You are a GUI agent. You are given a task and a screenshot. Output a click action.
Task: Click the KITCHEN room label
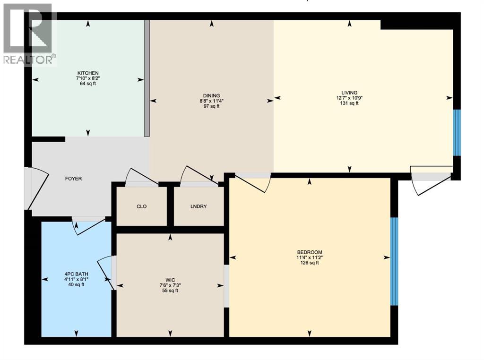click(x=88, y=73)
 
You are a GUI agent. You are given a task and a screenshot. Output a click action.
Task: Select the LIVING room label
click(x=350, y=93)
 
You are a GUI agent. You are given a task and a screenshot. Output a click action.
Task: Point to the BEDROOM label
click(x=310, y=252)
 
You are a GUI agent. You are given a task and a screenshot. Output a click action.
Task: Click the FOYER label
click(x=73, y=179)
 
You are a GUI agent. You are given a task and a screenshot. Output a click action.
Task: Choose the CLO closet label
click(x=141, y=207)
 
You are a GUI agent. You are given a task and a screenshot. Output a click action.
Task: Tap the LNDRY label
click(x=198, y=207)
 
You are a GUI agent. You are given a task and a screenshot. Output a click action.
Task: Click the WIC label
click(x=170, y=279)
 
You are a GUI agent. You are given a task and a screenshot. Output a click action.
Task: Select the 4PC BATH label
click(x=77, y=274)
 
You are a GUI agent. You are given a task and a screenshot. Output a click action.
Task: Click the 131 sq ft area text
click(x=350, y=103)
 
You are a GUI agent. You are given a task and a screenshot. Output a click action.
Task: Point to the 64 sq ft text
click(x=88, y=84)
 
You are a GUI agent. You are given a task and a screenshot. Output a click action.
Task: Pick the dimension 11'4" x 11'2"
click(x=310, y=257)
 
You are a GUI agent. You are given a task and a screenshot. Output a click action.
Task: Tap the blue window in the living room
click(x=457, y=133)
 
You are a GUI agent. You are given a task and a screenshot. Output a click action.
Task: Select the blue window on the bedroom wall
click(x=394, y=261)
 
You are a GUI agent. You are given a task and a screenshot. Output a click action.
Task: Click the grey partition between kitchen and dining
click(x=147, y=78)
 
